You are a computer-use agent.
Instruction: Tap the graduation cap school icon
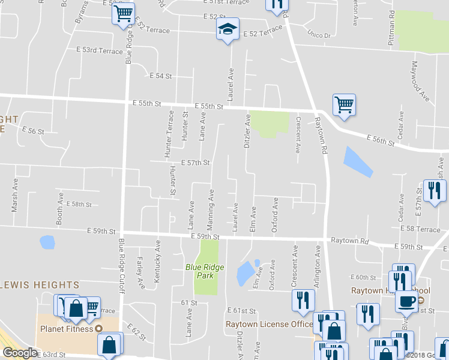tap(228, 30)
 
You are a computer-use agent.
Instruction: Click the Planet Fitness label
tap(67, 328)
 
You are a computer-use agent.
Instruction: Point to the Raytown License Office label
tap(269, 325)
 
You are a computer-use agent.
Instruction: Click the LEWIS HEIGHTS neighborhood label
tap(40, 284)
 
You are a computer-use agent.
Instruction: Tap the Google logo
tap(20, 353)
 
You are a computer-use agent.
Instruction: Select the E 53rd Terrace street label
tap(100, 51)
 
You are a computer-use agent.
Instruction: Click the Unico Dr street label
tap(319, 35)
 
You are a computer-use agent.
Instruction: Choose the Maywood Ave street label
tap(420, 80)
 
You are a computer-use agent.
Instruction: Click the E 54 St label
tap(161, 76)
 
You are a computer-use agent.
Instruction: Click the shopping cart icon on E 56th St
tap(344, 104)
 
